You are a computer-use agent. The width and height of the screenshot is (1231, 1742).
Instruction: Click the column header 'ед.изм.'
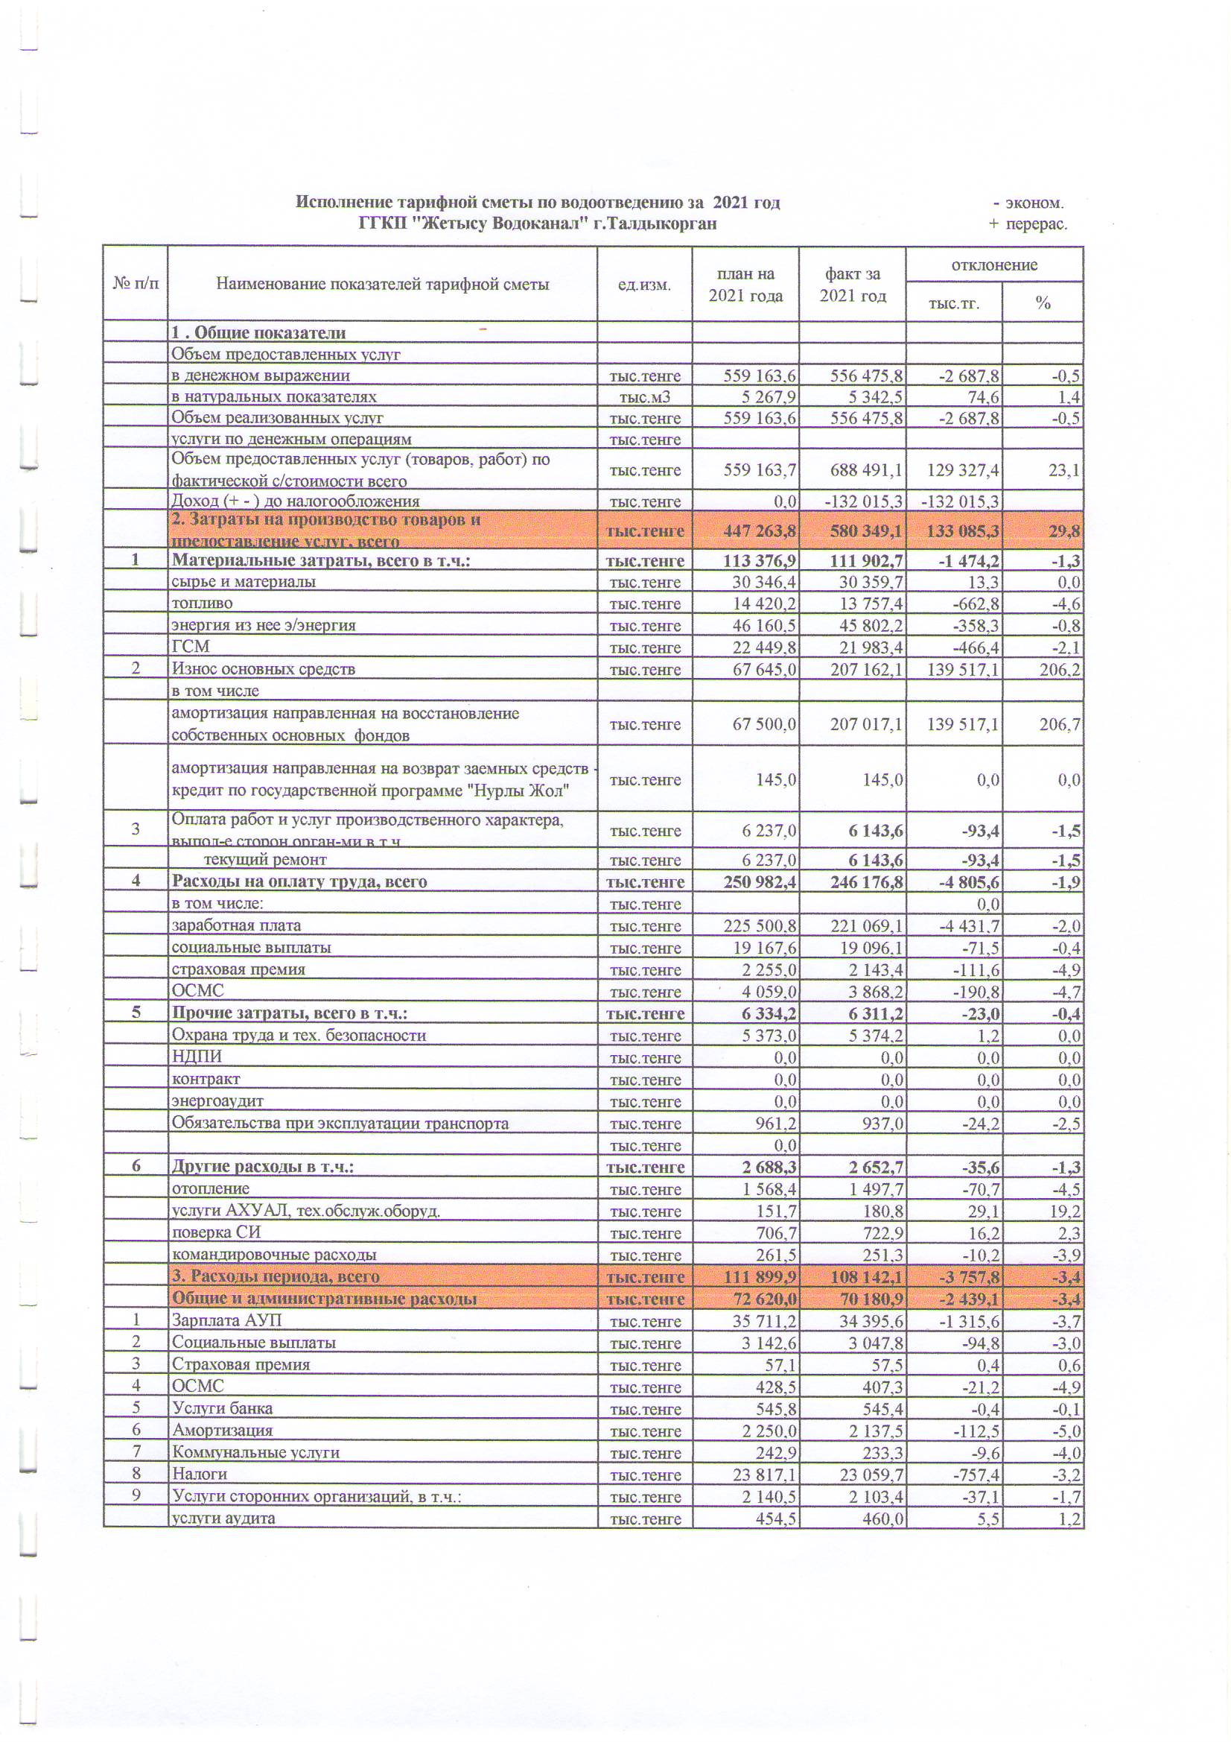pos(644,285)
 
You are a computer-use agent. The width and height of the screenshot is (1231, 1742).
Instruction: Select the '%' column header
pos(1042,303)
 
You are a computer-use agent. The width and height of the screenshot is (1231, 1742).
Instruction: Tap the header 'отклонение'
pos(993,265)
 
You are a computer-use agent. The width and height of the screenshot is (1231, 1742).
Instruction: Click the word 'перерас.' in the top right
pos(1036,224)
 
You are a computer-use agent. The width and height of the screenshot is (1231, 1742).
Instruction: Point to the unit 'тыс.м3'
pos(644,397)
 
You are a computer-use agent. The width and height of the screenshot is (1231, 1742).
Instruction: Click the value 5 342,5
pos(866,397)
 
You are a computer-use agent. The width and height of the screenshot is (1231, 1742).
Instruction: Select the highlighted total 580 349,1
pos(865,530)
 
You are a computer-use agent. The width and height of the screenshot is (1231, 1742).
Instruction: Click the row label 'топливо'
pos(202,604)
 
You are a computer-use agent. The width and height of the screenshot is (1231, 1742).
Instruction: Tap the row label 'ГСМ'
pos(191,647)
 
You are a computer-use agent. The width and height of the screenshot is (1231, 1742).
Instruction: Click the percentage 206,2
pos(1060,669)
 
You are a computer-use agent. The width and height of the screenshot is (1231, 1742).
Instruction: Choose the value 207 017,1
pos(865,724)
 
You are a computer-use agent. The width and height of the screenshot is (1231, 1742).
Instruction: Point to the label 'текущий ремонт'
pos(264,860)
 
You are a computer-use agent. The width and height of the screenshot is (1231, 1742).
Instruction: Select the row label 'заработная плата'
pos(236,925)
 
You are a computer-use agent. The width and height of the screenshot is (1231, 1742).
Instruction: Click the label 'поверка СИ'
pos(216,1233)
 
